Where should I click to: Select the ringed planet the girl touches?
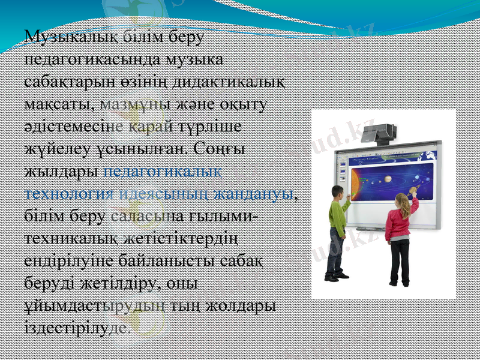click(x=412, y=191)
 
